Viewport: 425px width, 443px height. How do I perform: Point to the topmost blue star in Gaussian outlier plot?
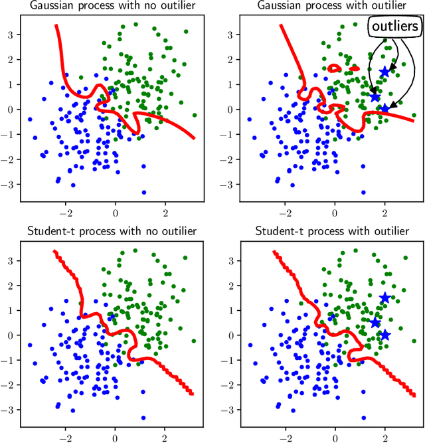point(384,72)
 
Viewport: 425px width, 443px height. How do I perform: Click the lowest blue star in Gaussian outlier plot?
point(384,109)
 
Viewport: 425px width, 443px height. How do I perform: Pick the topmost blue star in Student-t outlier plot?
point(384,298)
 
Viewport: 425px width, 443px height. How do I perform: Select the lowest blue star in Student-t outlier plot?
point(384,335)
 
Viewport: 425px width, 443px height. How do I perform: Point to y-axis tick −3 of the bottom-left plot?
point(10,410)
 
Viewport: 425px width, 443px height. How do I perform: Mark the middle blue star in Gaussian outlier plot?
point(375,96)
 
